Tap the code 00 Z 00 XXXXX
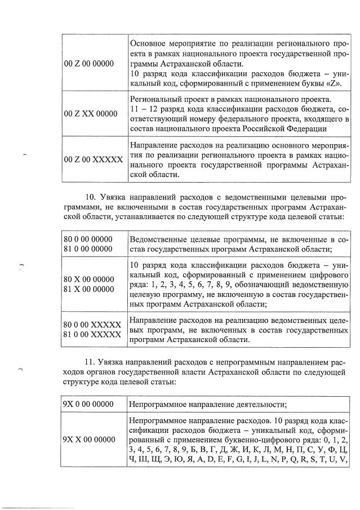pos(93,159)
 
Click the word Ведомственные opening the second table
pos(158,239)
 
